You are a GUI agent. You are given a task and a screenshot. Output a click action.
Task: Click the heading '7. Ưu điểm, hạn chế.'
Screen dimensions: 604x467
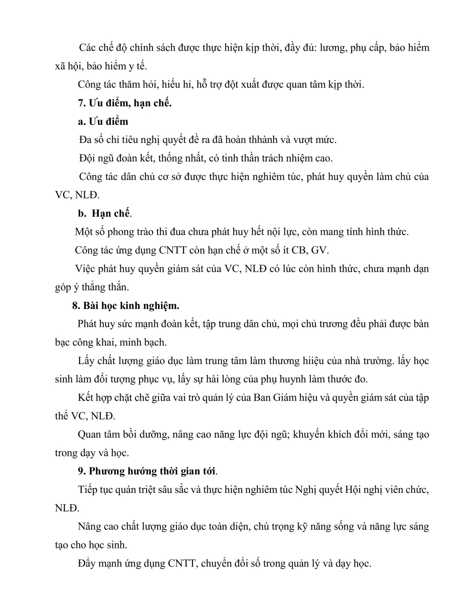tap(125, 103)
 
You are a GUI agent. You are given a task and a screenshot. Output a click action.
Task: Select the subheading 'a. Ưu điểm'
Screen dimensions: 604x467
tap(103, 122)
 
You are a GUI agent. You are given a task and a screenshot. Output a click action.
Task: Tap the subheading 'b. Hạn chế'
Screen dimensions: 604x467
tap(104, 213)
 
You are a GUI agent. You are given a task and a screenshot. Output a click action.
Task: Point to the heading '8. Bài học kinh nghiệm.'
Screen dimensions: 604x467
tap(125, 306)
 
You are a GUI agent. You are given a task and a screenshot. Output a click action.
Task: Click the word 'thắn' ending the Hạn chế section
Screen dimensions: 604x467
tap(118, 288)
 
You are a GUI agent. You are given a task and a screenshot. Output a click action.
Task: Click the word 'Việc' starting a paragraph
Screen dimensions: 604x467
tap(84, 269)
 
